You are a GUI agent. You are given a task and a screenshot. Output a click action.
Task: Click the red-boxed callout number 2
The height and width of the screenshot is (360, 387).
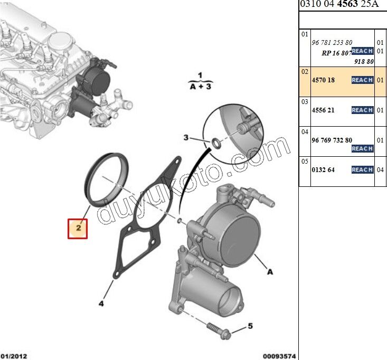tap(77, 228)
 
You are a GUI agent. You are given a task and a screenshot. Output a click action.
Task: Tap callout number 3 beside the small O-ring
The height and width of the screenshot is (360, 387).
tap(186, 138)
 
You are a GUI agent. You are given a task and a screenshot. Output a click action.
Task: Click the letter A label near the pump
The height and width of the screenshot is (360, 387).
tap(269, 272)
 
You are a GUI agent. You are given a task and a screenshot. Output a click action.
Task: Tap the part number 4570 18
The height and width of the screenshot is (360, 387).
tap(323, 80)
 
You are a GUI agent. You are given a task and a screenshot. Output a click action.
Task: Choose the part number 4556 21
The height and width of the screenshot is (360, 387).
tap(323, 110)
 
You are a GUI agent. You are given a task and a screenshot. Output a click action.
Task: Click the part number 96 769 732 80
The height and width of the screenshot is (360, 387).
tap(332, 140)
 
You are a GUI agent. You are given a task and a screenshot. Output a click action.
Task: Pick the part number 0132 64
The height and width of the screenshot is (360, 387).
tap(323, 170)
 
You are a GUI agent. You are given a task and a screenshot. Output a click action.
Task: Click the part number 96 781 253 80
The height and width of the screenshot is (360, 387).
tap(332, 42)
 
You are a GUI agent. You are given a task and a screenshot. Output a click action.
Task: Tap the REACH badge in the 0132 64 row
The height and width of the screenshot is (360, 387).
tap(362, 170)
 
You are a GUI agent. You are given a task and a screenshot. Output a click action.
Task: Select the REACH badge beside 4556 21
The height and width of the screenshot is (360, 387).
tap(362, 110)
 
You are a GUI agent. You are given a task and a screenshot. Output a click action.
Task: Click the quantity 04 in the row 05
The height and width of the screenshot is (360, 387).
tap(381, 170)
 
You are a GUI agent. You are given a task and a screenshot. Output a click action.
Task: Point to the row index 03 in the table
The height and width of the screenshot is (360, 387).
tap(305, 101)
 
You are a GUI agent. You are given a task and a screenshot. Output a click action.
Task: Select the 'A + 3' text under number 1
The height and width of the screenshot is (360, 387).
tap(200, 87)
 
